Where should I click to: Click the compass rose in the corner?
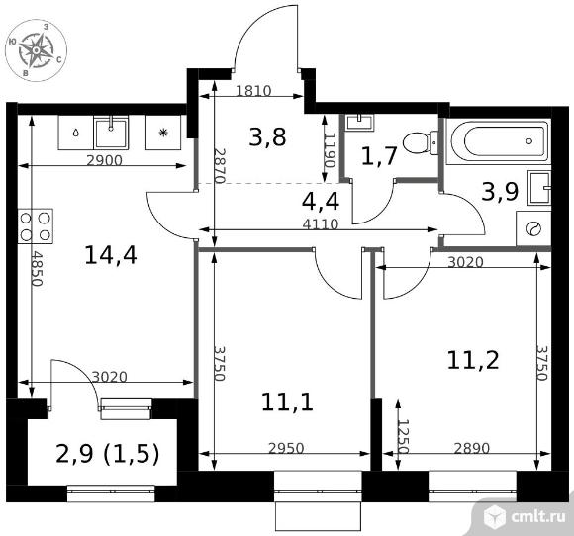point(37,50)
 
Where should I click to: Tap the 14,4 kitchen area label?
point(111,255)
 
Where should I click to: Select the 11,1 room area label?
point(287,402)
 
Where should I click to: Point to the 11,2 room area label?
point(473,360)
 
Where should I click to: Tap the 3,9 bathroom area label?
point(500,191)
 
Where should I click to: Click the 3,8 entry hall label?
point(267,137)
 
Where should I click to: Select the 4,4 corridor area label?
point(321,201)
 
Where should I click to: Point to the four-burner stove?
point(36,226)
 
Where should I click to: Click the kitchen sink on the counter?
point(111,133)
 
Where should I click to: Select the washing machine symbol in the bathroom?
point(533,228)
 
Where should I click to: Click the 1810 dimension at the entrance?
point(253,90)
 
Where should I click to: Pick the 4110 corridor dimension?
point(321,223)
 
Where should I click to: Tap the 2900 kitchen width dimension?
point(104,160)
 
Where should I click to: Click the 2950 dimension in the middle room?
point(286,448)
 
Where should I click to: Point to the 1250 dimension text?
point(403,436)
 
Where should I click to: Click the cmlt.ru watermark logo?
point(524,516)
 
